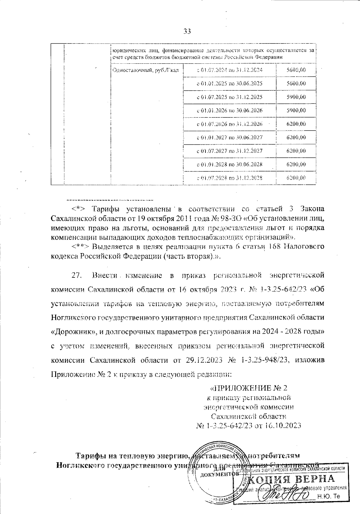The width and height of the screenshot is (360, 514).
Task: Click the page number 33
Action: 187,31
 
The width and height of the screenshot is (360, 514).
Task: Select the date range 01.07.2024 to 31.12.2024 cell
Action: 229,70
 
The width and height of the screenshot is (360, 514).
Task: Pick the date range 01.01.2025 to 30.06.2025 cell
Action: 229,83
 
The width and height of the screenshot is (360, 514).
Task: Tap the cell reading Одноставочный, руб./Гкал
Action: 145,70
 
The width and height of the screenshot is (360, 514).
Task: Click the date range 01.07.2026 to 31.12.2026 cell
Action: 229,124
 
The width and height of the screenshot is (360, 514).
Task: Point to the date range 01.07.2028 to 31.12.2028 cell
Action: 229,178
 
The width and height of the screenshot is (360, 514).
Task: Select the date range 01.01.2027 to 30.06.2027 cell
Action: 229,138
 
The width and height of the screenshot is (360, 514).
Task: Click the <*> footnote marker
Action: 78,209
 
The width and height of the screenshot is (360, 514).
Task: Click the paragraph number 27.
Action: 76,275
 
